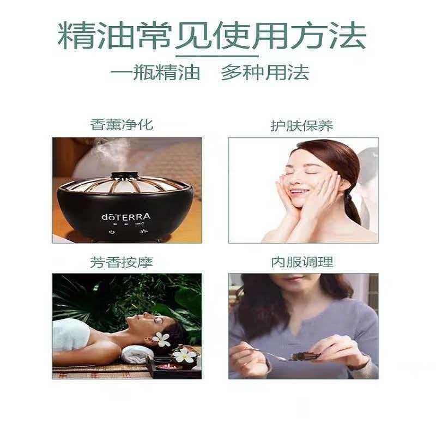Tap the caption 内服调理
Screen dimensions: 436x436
pyautogui.click(x=302, y=262)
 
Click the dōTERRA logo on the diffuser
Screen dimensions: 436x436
pyautogui.click(x=126, y=216)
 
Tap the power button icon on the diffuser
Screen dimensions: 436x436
pyautogui.click(x=112, y=232)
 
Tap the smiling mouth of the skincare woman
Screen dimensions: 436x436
pyautogui.click(x=299, y=192)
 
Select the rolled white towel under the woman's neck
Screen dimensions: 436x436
pyautogui.click(x=136, y=354)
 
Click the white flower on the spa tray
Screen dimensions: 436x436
pyautogui.click(x=184, y=355)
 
